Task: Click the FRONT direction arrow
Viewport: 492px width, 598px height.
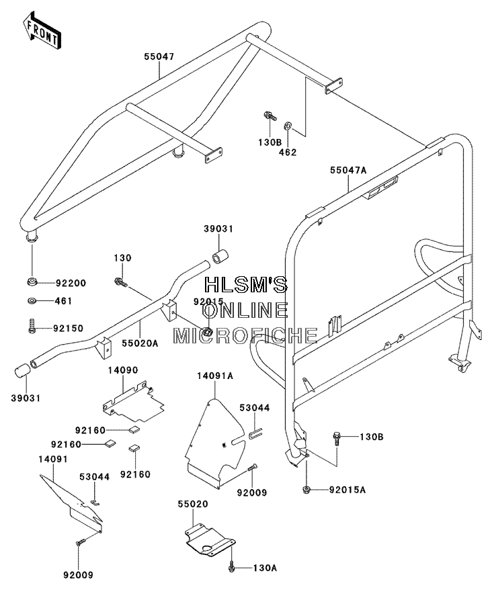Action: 42,30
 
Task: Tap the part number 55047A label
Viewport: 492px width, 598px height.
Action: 348,170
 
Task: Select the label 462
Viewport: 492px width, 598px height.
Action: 288,152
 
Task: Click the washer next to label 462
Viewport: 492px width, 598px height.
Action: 288,125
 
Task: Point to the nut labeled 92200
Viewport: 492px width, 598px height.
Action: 32,283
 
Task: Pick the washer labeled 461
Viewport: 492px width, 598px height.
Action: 32,301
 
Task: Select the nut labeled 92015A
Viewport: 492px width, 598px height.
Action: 306,489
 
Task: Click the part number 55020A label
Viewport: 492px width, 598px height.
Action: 140,343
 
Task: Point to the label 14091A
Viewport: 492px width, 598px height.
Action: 215,376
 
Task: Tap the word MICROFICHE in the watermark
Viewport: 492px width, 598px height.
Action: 245,335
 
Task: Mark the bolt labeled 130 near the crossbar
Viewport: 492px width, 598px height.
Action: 120,283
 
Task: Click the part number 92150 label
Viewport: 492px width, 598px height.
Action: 69,329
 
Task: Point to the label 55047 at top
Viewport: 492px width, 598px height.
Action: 159,57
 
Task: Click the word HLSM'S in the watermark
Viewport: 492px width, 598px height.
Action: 246,284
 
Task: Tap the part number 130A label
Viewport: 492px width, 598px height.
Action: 265,568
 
